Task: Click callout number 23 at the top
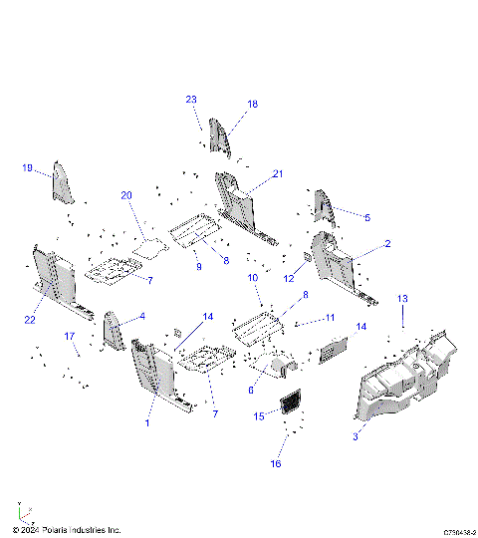click(x=191, y=99)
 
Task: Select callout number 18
click(x=252, y=104)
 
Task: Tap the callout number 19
click(x=28, y=167)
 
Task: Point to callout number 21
click(x=278, y=173)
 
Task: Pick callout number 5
click(x=366, y=217)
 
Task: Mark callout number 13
click(x=403, y=299)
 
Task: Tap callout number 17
click(x=71, y=337)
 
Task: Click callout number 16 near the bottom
click(x=276, y=464)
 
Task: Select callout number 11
click(x=331, y=318)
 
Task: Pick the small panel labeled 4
click(x=113, y=331)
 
